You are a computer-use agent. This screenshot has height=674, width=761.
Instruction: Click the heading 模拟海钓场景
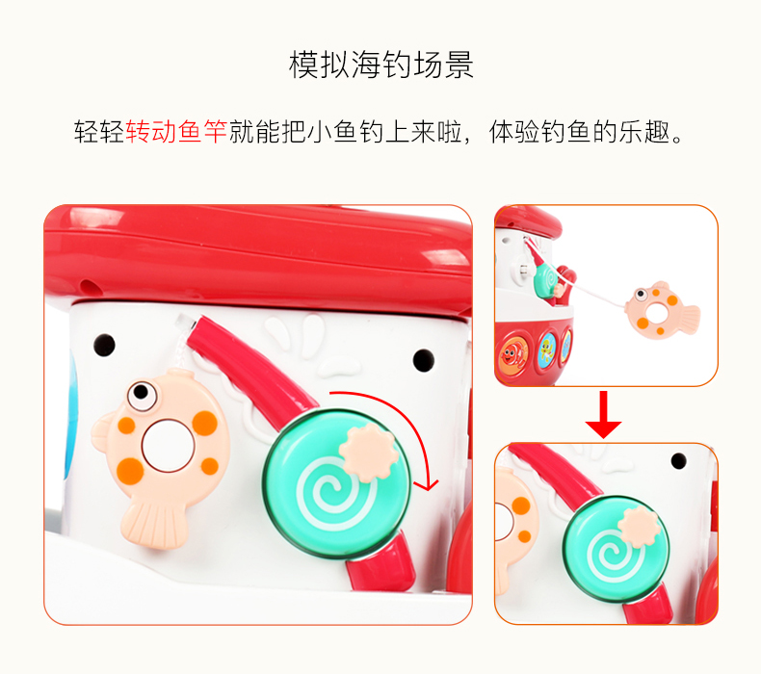pyautogui.click(x=381, y=65)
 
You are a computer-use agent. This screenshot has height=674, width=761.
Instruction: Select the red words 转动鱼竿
pyautogui.click(x=176, y=132)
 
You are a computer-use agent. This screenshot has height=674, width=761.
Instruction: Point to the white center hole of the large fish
pyautogui.click(x=168, y=446)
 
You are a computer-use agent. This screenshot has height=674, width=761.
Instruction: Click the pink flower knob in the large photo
pyautogui.click(x=369, y=453)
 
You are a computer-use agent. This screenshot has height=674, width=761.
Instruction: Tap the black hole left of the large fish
pyautogui.click(x=104, y=345)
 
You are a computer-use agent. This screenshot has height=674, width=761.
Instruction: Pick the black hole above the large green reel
pyautogui.click(x=423, y=360)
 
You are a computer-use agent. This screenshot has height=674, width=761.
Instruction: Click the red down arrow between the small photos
pyautogui.click(x=603, y=414)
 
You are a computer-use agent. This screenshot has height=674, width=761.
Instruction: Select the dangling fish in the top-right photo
pyautogui.click(x=662, y=310)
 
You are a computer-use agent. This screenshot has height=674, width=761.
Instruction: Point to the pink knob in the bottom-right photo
pyautogui.click(x=639, y=526)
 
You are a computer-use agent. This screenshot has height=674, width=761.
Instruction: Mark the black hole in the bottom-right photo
pyautogui.click(x=678, y=461)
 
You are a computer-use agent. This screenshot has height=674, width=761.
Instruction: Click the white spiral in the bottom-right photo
pyautogui.click(x=614, y=556)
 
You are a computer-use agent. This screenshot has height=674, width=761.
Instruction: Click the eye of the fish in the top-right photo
pyautogui.click(x=642, y=294)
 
